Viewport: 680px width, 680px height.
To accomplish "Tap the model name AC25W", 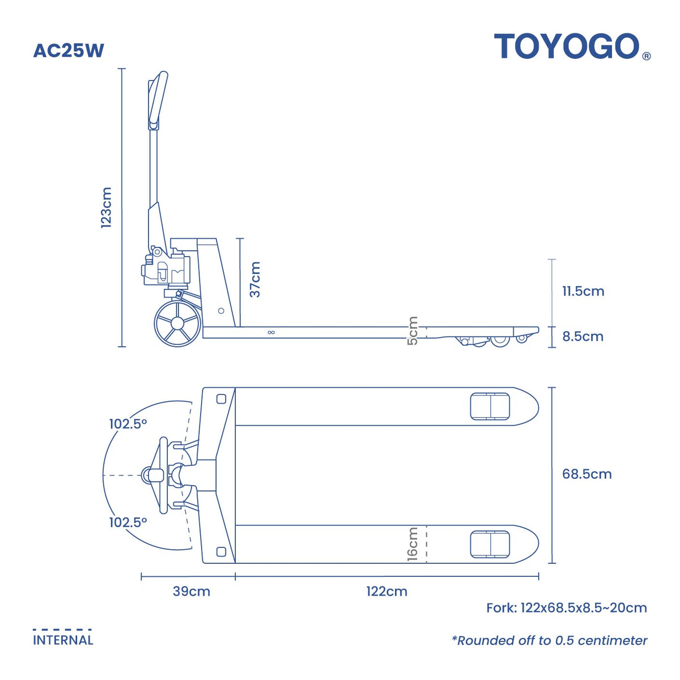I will pos(69,51).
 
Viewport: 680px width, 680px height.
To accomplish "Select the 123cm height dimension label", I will pos(106,207).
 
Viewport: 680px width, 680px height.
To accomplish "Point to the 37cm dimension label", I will pos(255,279).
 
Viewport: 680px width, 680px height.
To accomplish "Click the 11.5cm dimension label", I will pos(583,291).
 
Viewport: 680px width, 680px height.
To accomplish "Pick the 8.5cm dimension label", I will pos(583,337).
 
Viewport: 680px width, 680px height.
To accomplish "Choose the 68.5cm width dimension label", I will pos(586,474).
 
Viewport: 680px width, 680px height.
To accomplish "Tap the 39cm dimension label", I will pos(192,592).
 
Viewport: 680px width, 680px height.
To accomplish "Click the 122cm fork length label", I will pos(386,592).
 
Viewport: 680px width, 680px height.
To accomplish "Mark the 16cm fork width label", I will pos(413,544).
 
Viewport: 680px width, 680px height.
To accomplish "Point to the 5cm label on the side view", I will pos(413,331).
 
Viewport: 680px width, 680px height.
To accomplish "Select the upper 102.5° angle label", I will pos(128,424).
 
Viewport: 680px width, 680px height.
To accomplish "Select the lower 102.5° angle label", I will pos(128,522).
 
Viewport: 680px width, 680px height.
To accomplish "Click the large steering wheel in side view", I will pos(177,324).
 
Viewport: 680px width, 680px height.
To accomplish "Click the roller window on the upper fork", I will pos(490,406).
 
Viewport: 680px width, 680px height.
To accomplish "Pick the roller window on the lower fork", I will pos(490,545).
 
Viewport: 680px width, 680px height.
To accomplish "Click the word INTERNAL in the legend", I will pos(63,640).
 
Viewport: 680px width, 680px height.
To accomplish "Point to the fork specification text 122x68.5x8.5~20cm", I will pos(567,609).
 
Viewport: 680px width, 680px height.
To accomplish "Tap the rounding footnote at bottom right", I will pos(549,641).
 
